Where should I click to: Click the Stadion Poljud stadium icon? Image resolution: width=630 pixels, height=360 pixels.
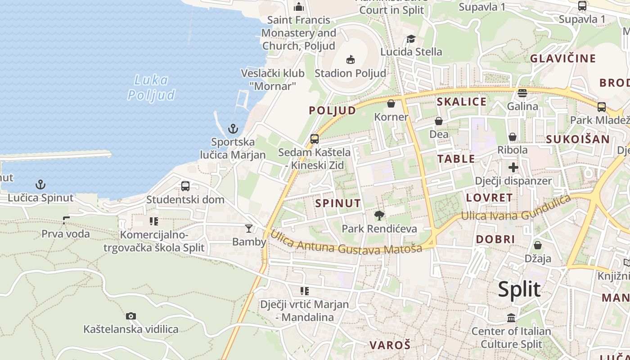point(351,59)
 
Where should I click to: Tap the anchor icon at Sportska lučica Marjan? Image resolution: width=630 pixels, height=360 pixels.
point(233,129)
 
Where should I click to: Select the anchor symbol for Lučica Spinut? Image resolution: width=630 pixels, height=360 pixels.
point(40,184)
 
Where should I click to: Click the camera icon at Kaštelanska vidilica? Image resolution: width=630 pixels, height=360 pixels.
point(131,316)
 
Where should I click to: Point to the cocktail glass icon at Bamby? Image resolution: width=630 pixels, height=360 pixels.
point(248,229)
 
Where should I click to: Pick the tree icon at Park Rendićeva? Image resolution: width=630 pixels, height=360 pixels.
point(379,216)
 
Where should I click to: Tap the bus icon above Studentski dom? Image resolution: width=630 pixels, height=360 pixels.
point(185,186)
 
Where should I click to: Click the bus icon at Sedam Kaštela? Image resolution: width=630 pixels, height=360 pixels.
point(315,139)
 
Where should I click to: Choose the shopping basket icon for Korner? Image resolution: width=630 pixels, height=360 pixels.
point(391,104)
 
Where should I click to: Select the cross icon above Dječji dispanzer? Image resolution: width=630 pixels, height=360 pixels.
point(513,168)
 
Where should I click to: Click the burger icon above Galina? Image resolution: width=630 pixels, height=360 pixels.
point(522,93)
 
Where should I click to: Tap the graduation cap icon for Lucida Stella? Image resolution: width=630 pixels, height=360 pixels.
point(411,39)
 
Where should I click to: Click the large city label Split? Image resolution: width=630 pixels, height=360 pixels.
point(519,289)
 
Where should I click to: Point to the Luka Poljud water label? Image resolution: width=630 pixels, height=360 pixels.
point(151,87)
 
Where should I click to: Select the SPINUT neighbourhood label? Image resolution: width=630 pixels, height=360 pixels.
point(338,203)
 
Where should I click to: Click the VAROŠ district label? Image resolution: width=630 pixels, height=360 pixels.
point(390,345)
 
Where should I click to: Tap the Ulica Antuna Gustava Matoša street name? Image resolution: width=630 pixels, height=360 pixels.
point(346,243)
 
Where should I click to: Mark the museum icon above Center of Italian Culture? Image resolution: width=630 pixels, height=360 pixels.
point(511,318)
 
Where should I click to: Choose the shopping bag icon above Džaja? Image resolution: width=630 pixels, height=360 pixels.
point(537,245)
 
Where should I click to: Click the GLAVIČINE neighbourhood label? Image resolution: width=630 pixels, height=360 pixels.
point(562,58)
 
